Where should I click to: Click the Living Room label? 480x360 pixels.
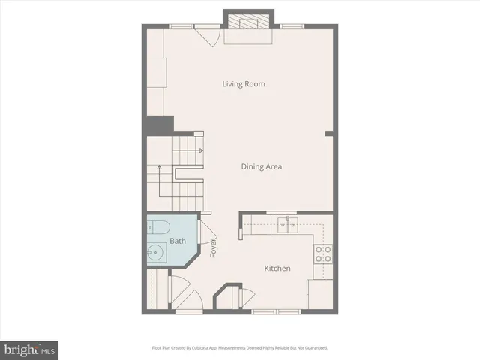244,84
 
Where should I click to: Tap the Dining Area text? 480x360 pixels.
261,166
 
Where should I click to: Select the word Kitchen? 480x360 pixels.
277,268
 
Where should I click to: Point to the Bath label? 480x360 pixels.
177,241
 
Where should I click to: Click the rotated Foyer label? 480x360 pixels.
213,248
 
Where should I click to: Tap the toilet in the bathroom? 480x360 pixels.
160,226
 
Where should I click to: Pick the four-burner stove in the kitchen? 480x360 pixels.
323,254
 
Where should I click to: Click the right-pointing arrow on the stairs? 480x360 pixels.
200,151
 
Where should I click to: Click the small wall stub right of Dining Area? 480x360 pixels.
328,134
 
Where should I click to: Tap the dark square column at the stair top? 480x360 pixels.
160,125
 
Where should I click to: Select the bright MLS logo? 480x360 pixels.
29,349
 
